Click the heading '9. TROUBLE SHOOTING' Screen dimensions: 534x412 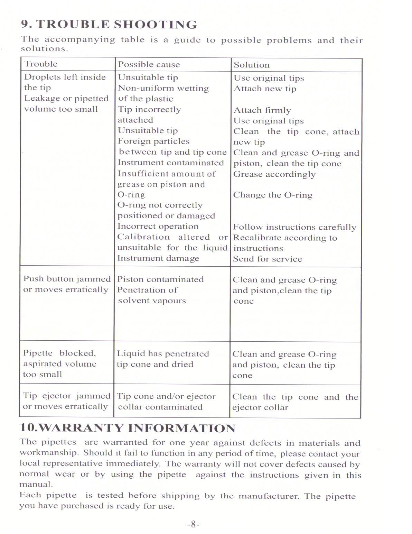(x=109, y=25)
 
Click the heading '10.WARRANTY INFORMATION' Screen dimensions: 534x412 (x=128, y=428)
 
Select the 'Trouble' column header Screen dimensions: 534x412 (x=41, y=64)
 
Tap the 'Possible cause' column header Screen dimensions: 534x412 (x=149, y=65)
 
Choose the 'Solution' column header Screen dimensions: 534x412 (x=251, y=65)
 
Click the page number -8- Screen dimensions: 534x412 (x=193, y=524)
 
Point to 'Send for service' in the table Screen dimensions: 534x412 (x=268, y=259)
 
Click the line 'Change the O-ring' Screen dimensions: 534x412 (x=273, y=195)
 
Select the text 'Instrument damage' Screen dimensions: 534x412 (x=158, y=258)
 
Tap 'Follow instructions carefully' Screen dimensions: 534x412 (x=294, y=227)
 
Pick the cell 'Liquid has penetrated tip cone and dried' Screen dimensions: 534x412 (x=163, y=359)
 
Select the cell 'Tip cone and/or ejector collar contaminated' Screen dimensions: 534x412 (x=166, y=402)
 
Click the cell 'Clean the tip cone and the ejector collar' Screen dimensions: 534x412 (x=295, y=402)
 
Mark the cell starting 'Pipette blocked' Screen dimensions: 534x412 (x=59, y=363)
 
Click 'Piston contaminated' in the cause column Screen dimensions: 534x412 (x=160, y=279)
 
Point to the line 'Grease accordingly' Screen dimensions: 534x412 (x=274, y=174)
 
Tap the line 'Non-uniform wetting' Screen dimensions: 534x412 (x=163, y=89)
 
